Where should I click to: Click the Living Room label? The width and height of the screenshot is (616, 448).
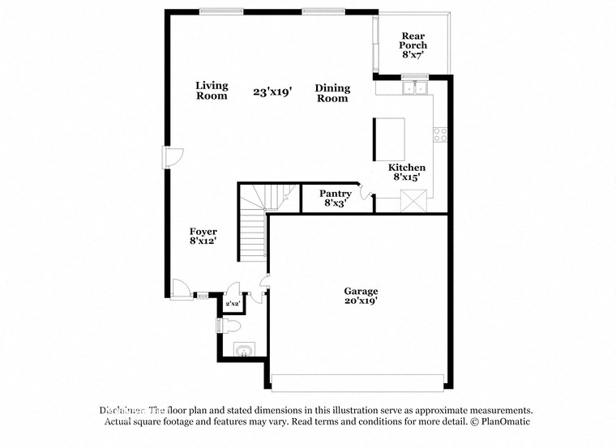click(212, 91)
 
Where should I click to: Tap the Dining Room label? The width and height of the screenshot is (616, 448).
click(332, 93)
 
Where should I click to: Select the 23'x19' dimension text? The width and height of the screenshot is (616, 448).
click(272, 92)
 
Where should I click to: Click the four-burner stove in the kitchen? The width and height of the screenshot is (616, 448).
click(440, 134)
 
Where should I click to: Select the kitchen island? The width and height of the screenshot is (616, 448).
click(388, 139)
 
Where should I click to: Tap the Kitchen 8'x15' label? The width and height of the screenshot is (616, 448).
click(407, 172)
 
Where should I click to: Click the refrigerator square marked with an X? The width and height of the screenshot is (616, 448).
click(413, 201)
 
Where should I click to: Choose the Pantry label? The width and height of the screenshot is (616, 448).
click(335, 198)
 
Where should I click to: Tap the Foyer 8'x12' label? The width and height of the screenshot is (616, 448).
click(203, 236)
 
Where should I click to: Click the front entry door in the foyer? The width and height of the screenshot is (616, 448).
click(181, 288)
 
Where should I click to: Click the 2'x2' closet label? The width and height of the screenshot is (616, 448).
click(233, 304)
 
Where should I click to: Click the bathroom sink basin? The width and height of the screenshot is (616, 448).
click(242, 350)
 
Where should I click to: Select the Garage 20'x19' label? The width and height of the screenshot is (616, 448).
click(361, 296)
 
